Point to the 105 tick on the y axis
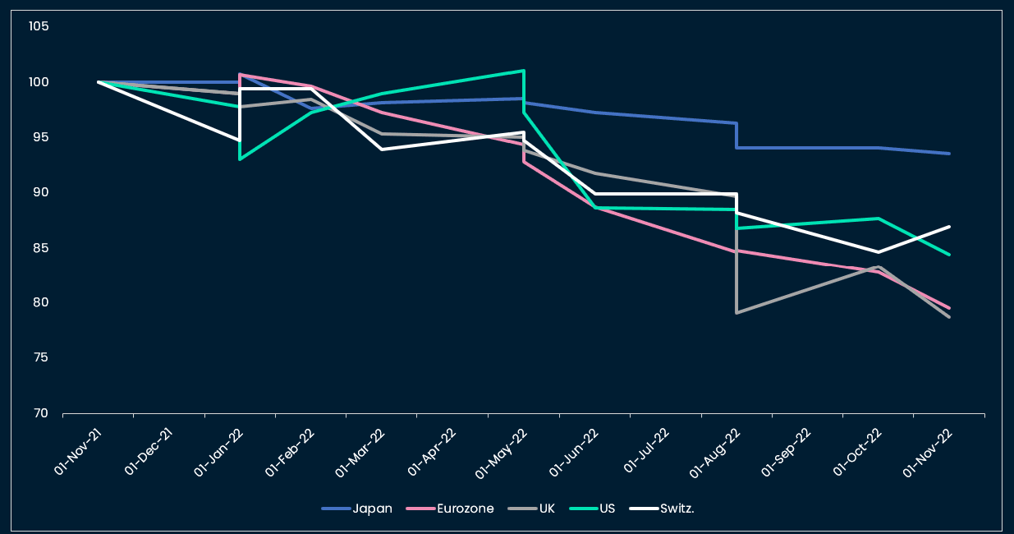click(x=39, y=27)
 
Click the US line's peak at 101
click(x=524, y=71)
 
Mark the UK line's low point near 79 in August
click(x=737, y=313)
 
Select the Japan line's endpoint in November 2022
click(x=949, y=154)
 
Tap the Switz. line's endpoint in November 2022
click(x=949, y=227)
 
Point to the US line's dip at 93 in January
click(x=240, y=159)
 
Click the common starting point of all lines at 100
click(x=99, y=82)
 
